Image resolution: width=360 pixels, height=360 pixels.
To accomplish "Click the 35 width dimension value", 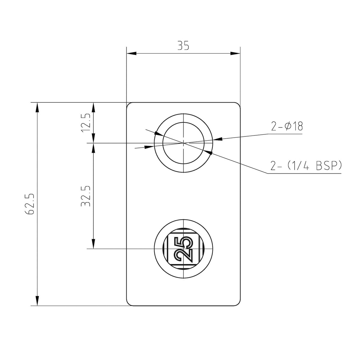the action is coord(183,46).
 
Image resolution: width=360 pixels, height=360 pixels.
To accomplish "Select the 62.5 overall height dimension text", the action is coord(29,204).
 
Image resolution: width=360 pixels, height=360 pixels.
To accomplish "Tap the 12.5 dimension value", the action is coord(86,123).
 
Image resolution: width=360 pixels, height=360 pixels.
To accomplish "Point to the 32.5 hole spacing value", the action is coord(86,196).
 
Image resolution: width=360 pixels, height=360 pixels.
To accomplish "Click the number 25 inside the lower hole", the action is coord(183,249).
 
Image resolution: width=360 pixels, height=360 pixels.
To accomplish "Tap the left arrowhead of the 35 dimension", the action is coord(131,53).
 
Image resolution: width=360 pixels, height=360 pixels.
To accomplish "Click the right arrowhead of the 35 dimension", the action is coord(235,53).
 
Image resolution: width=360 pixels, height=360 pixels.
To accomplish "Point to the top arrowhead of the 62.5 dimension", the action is coord(37,107).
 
